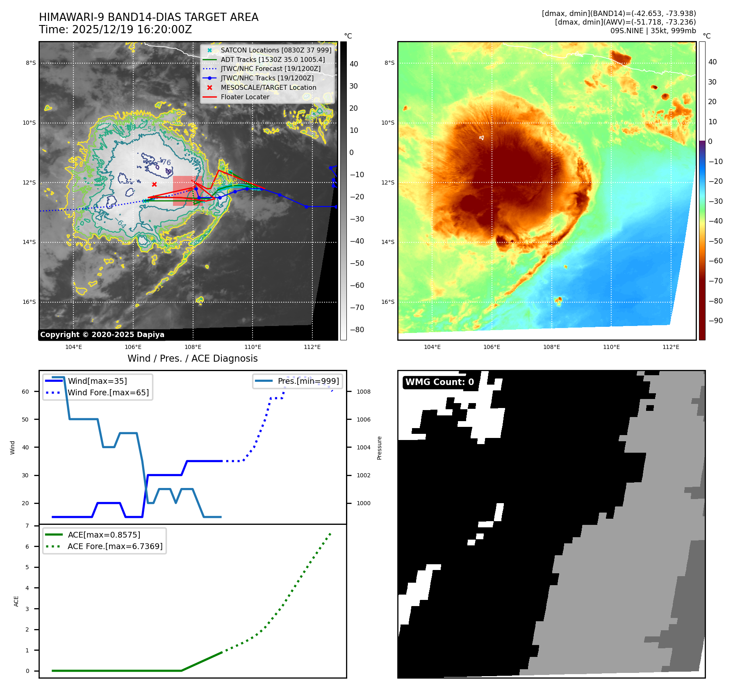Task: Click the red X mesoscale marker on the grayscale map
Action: pos(154,185)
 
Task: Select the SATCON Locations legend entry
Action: pos(275,50)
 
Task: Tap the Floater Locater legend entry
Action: pos(245,97)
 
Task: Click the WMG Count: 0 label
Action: pos(439,382)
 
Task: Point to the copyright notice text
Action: pos(102,335)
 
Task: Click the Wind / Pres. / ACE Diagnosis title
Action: pos(192,358)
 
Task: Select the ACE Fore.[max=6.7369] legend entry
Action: pos(115,546)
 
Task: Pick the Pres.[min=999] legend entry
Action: pos(308,381)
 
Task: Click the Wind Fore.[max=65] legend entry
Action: pos(108,392)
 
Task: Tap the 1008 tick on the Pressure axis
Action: pos(363,392)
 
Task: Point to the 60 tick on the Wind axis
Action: pos(25,392)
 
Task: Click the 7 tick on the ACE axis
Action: pos(27,526)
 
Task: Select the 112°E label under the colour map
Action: pos(671,347)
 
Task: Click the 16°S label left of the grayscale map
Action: pos(29,302)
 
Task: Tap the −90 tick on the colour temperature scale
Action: pos(715,321)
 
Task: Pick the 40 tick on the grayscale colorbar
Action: pos(354,64)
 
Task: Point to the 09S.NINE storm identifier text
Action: pos(626,31)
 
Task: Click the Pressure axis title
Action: pos(379,448)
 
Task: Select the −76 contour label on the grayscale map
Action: pos(165,162)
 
